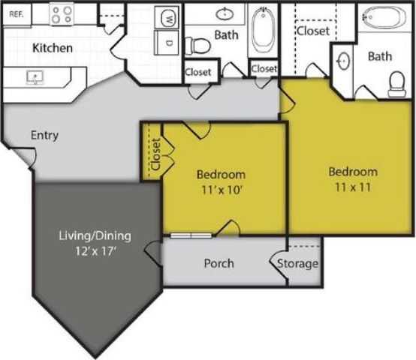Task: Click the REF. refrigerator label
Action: point(14,13)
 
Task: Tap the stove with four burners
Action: point(62,13)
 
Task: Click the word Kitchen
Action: point(53,48)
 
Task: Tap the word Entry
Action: point(45,136)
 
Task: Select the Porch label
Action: point(219,263)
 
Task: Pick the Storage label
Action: point(298,264)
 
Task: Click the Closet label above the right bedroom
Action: point(313,31)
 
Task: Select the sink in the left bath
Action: point(225,13)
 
